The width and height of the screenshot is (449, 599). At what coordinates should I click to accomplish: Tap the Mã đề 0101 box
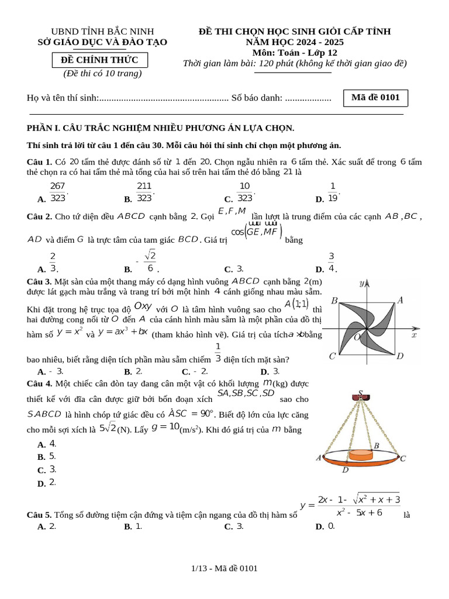pyautogui.click(x=375, y=98)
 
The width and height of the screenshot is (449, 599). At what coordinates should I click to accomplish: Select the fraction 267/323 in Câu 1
pyautogui.click(x=57, y=192)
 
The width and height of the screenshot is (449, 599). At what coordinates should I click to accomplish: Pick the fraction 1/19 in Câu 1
pyautogui.click(x=333, y=192)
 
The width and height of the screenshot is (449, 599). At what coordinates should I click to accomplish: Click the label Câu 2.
pyautogui.click(x=39, y=216)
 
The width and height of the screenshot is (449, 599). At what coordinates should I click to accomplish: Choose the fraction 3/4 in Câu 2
pyautogui.click(x=331, y=263)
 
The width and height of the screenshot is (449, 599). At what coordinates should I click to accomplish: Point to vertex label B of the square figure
pyautogui.click(x=334, y=301)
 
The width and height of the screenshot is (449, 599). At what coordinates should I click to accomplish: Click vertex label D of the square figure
pyautogui.click(x=400, y=356)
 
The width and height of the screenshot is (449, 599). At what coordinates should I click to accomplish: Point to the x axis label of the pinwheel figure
pyautogui.click(x=414, y=336)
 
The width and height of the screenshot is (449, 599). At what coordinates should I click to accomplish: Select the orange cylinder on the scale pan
pyautogui.click(x=364, y=455)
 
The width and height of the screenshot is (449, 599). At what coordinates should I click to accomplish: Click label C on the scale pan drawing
pyautogui.click(x=403, y=459)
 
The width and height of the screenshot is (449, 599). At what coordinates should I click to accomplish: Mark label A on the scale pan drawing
pyautogui.click(x=319, y=458)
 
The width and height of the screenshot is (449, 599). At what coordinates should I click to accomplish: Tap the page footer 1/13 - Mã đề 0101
pyautogui.click(x=224, y=568)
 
